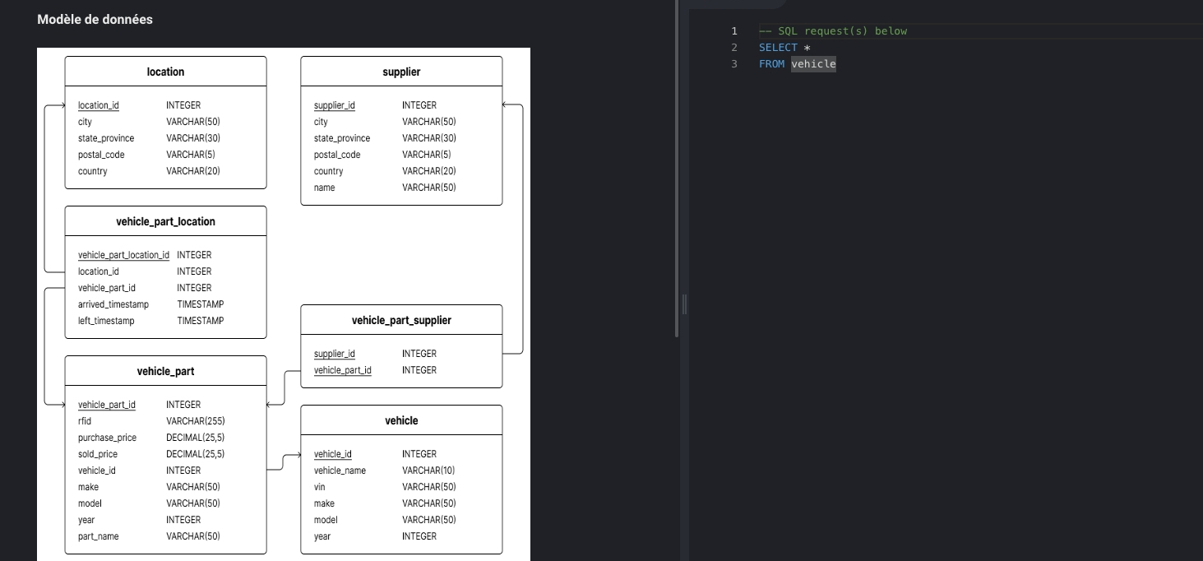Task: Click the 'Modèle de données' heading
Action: coord(95,20)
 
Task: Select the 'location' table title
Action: coord(165,72)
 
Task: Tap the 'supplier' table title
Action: coord(401,72)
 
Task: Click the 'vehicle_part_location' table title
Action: coord(165,221)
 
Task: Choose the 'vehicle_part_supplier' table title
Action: coord(401,320)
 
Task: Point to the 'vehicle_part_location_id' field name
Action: coord(123,255)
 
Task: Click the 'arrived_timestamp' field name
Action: coord(113,304)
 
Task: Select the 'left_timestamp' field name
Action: coord(106,321)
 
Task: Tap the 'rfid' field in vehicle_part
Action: coord(85,421)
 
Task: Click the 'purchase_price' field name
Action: coord(107,438)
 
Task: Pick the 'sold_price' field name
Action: coord(97,454)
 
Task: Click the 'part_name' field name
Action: coord(99,536)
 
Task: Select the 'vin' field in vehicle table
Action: coord(320,487)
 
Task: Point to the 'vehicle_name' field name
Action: coord(340,471)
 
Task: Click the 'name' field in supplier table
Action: coord(324,188)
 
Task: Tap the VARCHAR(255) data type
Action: coord(196,421)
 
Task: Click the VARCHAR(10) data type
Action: coord(428,471)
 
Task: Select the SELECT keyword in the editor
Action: coord(778,48)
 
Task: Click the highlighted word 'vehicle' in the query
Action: coord(813,64)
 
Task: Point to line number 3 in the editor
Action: coord(734,64)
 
